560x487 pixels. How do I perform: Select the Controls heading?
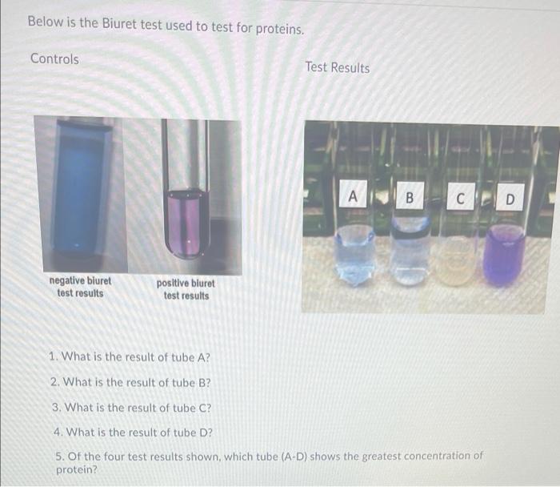tap(54, 59)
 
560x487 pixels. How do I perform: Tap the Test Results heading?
tap(337, 68)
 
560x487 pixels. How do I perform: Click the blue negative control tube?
tap(79, 188)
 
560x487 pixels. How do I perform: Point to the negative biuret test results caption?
tap(80, 287)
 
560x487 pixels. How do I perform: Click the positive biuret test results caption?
tap(186, 289)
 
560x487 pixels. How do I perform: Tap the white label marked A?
tap(354, 195)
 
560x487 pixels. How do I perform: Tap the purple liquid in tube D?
tap(504, 256)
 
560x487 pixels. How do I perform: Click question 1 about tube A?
tap(130, 357)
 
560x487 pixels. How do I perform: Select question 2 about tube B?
tap(130, 382)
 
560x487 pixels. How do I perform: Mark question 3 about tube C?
tap(130, 408)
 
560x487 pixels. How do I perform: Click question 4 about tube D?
tap(130, 433)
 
